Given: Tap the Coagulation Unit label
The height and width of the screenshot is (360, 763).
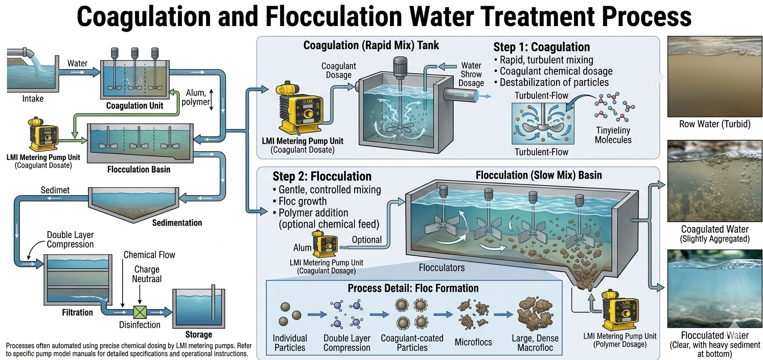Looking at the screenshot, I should (134, 106).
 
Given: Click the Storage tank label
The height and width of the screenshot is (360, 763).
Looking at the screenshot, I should (198, 334).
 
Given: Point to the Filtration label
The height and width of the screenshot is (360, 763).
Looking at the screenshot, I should (77, 312).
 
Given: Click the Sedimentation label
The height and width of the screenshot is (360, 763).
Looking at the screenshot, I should (177, 222).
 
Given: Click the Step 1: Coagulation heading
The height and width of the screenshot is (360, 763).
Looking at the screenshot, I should (541, 48).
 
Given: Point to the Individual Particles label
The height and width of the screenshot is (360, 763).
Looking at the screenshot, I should (290, 343).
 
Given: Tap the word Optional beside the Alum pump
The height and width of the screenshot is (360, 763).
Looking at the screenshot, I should (366, 239).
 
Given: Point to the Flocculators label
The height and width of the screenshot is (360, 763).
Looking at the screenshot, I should (442, 267).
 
